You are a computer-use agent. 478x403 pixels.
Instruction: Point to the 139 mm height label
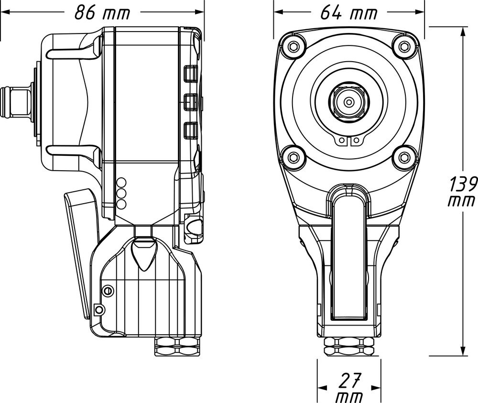point(463,191)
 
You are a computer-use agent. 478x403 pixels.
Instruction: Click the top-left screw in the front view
point(291,46)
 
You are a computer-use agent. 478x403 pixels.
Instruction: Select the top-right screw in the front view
point(405,46)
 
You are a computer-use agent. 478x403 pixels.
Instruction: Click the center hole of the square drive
point(349,101)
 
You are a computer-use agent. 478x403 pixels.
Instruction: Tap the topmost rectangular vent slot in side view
point(190,73)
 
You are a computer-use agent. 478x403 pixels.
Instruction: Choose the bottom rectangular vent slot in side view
point(190,130)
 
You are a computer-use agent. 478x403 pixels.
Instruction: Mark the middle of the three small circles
point(121,194)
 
